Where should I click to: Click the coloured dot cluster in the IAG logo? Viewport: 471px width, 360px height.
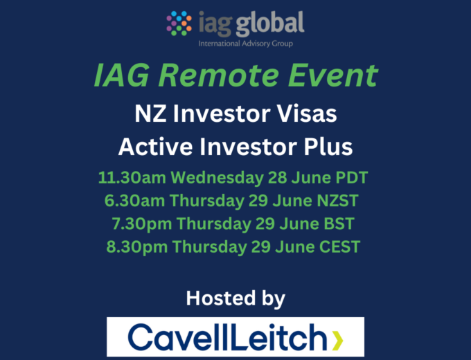click(179, 24)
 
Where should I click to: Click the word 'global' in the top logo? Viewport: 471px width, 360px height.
click(270, 24)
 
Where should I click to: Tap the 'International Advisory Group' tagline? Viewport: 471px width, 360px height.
click(245, 44)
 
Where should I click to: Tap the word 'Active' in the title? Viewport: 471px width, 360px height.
click(155, 147)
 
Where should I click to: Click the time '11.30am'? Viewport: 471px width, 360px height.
click(132, 177)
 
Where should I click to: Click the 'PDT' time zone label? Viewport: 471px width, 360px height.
click(352, 177)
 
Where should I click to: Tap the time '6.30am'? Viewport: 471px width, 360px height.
click(134, 201)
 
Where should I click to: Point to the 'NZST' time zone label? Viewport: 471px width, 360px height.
click(338, 201)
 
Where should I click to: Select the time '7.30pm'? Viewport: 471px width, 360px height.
click(142, 224)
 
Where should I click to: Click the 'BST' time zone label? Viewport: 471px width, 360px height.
click(339, 224)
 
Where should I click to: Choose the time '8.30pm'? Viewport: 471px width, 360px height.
click(137, 247)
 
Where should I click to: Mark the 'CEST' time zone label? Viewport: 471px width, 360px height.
click(339, 246)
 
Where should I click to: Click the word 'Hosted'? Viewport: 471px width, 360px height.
click(221, 298)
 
